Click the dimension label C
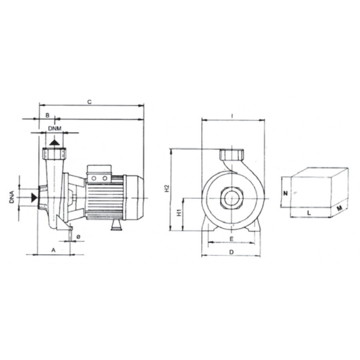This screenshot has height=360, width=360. [90, 102]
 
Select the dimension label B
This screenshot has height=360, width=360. [48, 115]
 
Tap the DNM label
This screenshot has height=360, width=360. [55, 128]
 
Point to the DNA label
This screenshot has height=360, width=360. [12, 197]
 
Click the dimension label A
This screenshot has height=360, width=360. [53, 250]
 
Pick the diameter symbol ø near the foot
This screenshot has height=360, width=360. [78, 237]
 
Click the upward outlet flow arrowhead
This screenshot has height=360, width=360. [55, 142]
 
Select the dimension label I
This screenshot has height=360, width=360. [232, 116]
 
